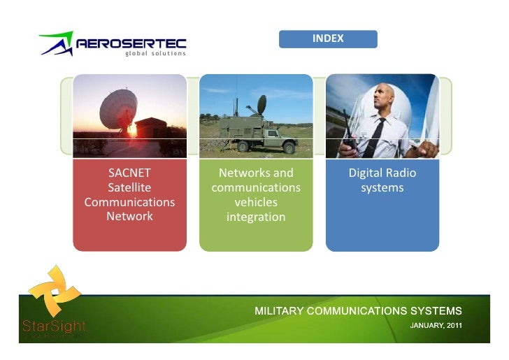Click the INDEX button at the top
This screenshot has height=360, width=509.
tap(328, 38)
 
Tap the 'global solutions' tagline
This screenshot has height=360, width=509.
tap(155, 55)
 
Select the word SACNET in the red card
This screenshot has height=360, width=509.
tap(129, 173)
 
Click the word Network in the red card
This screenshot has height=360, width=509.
tap(129, 216)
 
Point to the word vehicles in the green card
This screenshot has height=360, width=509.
tap(256, 203)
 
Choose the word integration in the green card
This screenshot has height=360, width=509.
tap(256, 217)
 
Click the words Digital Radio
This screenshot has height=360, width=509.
tap(382, 173)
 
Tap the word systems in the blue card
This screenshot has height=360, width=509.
tap(382, 188)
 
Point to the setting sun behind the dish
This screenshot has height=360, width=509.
tap(131, 129)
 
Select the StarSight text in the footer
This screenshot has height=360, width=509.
tap(53, 326)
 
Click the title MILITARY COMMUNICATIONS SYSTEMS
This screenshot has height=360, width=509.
tap(357, 310)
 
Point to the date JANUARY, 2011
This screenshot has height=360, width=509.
tap(435, 326)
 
